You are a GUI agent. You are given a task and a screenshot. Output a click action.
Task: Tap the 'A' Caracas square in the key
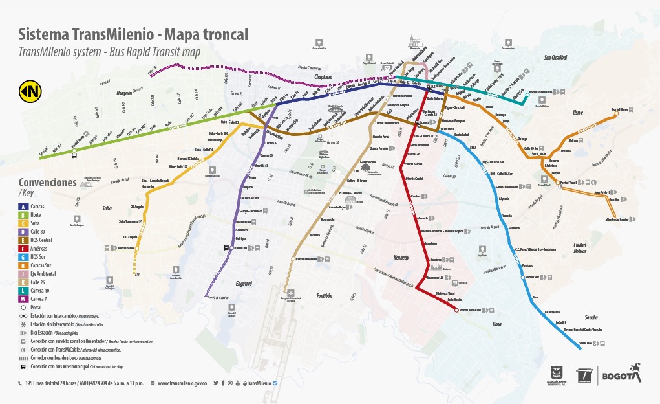tap(23, 207)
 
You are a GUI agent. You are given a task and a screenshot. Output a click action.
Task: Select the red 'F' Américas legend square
tap(23, 248)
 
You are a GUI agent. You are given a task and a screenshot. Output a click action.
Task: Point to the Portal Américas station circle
tap(456, 310)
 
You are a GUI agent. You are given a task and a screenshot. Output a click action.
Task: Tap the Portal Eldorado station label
tap(306, 260)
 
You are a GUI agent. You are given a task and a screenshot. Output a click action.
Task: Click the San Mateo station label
tap(585, 343)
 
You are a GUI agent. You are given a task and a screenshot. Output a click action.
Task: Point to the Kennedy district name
tap(401, 258)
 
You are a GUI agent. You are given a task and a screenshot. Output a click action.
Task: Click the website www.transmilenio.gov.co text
tap(182, 383)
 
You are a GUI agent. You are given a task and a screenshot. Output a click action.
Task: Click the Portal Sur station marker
tap(523, 277)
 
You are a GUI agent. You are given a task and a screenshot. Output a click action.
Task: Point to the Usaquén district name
tap(123, 93)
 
